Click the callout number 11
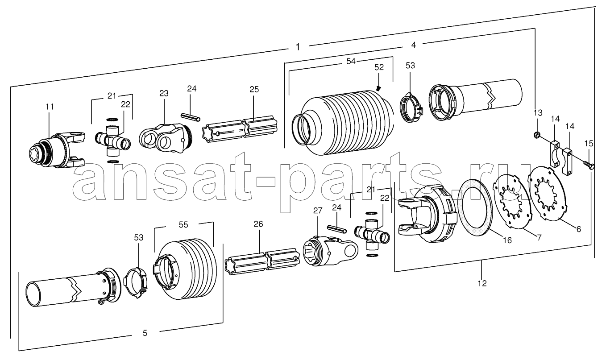coord(50,107)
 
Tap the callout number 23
coord(164,93)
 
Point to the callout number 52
coord(379,67)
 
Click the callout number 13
coord(538,112)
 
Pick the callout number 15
coord(589,143)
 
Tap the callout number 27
coord(318,211)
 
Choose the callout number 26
coord(258,223)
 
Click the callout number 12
coord(482,283)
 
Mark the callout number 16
coord(507,240)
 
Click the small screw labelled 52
coord(378,88)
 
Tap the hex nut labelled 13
coord(535,135)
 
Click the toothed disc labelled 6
coord(547,194)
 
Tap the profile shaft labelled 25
coord(240,128)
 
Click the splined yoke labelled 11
coord(57,150)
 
